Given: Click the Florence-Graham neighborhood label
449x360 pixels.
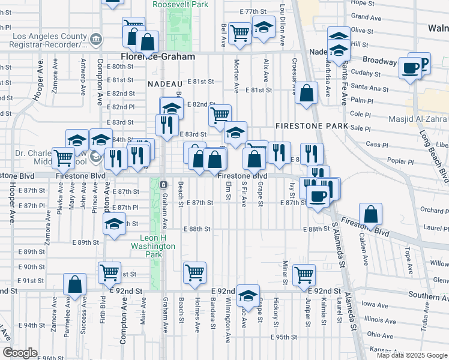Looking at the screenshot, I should [154, 56].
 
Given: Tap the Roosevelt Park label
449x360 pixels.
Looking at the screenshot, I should [180, 4].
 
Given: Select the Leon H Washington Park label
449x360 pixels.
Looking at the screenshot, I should [153, 246].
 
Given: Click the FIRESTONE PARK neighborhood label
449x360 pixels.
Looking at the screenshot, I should [312, 127].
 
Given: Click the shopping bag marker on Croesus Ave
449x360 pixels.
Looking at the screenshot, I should [306, 94].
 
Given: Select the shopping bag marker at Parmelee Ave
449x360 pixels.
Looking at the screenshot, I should [74, 284].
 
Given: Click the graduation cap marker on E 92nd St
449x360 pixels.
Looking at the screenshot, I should [247, 295].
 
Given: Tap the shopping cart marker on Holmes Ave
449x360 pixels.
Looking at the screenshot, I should [194, 272].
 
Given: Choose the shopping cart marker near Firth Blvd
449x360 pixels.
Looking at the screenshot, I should [110, 272].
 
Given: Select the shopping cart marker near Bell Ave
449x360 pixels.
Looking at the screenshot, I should [240, 33].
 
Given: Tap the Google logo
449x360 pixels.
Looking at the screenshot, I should [20, 353].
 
